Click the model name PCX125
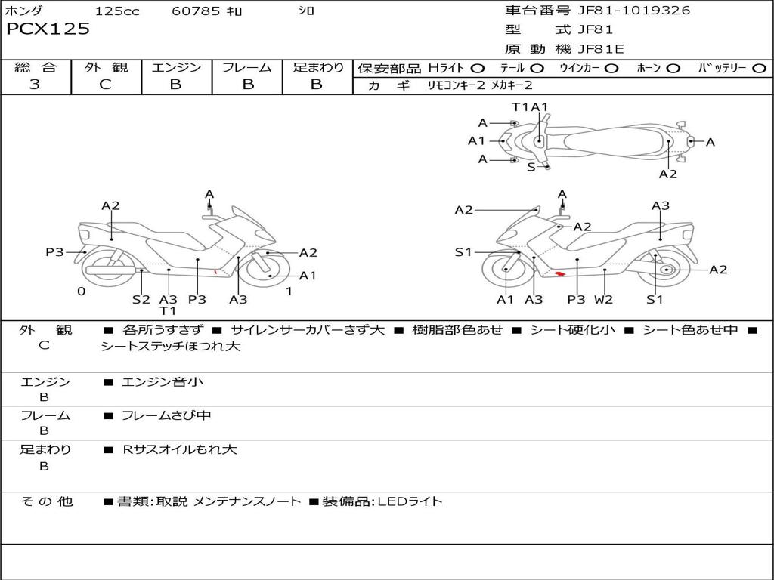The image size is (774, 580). [48, 29]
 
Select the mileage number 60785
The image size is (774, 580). [196, 11]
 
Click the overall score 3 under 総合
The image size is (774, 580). [35, 85]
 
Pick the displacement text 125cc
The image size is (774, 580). [117, 11]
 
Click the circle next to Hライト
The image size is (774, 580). [477, 68]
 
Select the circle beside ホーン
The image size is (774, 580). [673, 68]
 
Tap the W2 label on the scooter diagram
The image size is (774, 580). [603, 299]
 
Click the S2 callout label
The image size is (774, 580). [141, 299]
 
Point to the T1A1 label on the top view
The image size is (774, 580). [530, 107]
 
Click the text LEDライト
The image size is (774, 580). [410, 501]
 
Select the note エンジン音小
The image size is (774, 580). [163, 382]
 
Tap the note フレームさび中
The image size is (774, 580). [166, 415]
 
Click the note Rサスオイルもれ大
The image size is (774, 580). [180, 449]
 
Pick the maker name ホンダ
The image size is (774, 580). [24, 11]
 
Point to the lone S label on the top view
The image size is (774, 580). [531, 167]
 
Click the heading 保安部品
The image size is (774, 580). [389, 68]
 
